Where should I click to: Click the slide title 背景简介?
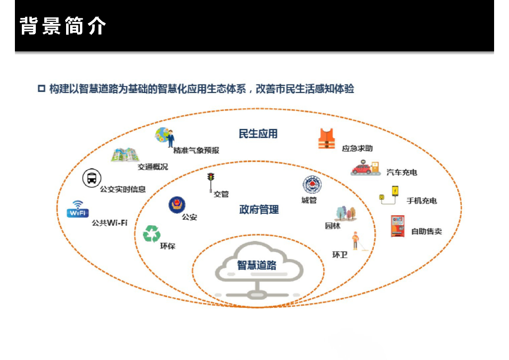[63, 26]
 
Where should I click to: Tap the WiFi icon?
[78, 209]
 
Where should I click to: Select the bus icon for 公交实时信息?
[91, 178]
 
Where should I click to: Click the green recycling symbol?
[152, 233]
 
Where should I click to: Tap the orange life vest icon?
[327, 139]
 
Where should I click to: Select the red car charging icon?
[365, 168]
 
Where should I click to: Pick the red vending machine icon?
[398, 226]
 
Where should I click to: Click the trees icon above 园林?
[345, 213]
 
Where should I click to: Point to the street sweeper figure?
[356, 241]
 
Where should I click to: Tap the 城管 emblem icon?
[312, 185]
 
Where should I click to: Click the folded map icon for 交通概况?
[124, 155]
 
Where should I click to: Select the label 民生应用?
[258, 133]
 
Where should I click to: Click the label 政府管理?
[258, 209]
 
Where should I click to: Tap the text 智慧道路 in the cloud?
[256, 265]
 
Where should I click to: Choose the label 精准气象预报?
[196, 150]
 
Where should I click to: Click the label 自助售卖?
[426, 231]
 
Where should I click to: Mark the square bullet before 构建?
[42, 89]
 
